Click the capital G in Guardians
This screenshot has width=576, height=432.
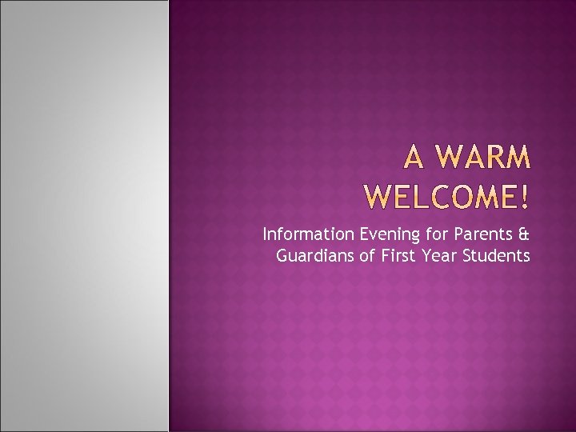click(282, 256)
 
